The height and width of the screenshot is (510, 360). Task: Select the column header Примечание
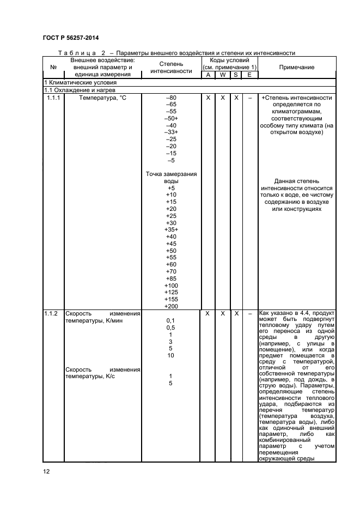click(x=296, y=67)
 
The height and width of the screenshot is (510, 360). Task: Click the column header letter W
click(x=222, y=75)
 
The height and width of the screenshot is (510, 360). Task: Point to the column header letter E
click(x=249, y=75)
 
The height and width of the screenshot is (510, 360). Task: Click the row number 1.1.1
click(x=53, y=97)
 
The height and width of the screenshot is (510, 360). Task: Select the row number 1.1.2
click(x=53, y=314)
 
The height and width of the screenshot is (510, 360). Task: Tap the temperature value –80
click(x=171, y=97)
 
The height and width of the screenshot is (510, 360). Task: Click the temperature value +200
click(x=171, y=307)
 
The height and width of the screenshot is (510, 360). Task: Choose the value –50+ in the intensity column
click(x=171, y=118)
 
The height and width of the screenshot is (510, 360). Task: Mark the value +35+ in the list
click(x=171, y=230)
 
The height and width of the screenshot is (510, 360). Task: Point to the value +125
click(x=171, y=293)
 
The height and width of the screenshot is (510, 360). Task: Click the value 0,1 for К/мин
click(x=170, y=321)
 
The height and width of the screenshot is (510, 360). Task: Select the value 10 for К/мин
click(x=170, y=356)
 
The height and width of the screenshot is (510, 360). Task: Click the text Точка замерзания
click(x=171, y=174)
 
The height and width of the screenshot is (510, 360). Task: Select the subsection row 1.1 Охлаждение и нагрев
click(x=78, y=89)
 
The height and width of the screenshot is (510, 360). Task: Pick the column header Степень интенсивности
click(x=171, y=67)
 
